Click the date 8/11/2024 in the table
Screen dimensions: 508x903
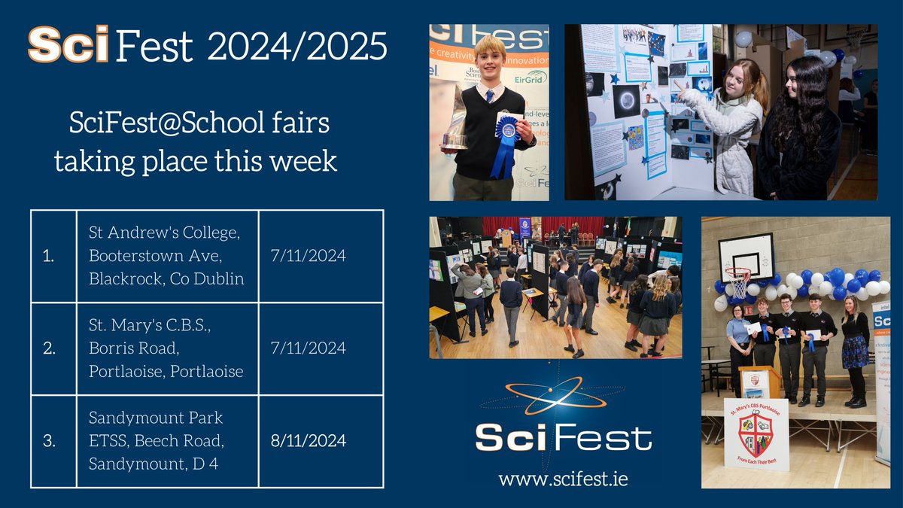tap(307, 441)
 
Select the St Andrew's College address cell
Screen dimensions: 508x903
tap(166, 256)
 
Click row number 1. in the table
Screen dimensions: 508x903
tap(50, 256)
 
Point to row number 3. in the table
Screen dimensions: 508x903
tap(50, 441)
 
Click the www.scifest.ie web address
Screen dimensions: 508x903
tap(563, 478)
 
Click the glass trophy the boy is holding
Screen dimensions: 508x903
tap(455, 120)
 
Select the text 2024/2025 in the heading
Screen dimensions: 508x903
tap(298, 47)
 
